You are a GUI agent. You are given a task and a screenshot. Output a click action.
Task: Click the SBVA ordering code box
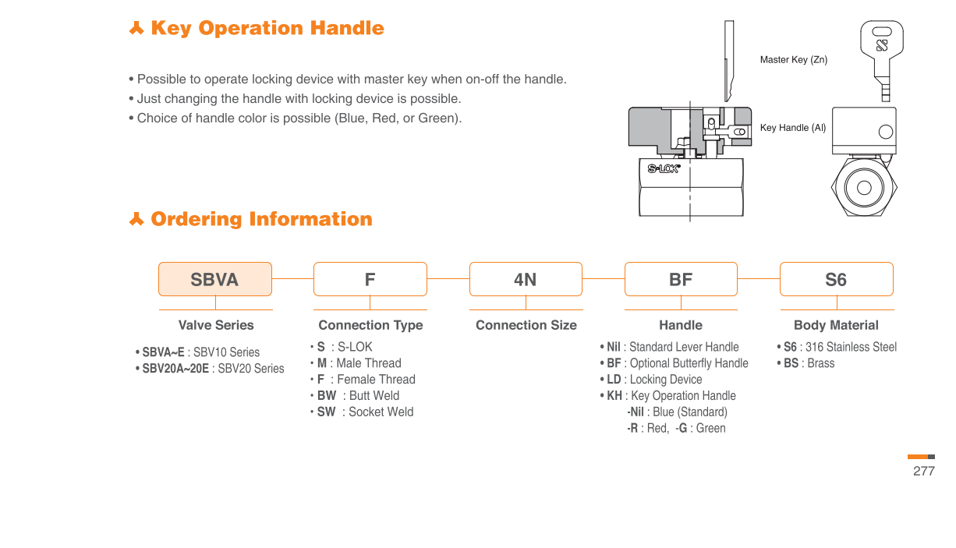(215, 279)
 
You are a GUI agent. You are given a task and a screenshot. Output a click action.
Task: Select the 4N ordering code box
(526, 279)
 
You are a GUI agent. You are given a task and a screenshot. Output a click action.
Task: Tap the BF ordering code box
(681, 279)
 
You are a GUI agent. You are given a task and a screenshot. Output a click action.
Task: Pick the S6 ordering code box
(836, 279)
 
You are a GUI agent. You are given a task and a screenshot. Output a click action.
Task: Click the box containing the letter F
(370, 279)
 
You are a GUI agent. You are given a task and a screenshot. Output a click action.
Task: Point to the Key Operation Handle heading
(267, 29)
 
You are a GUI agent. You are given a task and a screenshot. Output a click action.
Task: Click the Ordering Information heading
(261, 219)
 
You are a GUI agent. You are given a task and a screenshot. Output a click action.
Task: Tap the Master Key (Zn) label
(793, 60)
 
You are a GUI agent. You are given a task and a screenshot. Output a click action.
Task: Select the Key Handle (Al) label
(792, 128)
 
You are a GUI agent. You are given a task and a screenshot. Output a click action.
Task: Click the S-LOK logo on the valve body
(664, 168)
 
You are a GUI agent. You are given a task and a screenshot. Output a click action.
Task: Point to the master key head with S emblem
(881, 43)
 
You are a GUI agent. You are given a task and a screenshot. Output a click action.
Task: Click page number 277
(923, 471)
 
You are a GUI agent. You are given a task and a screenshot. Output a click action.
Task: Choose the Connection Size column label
(526, 325)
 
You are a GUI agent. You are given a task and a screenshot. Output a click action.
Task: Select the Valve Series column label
(216, 325)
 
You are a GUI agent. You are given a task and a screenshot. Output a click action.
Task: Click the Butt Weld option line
(358, 396)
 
